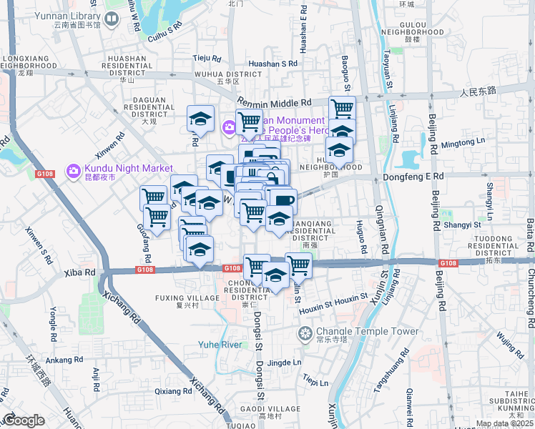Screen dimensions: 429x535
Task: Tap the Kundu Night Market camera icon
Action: [73, 172]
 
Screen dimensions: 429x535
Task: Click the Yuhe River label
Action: [221, 345]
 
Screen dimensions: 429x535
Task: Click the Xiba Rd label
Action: [79, 272]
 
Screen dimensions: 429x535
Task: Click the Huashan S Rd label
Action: [275, 63]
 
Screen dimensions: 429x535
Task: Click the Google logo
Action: [23, 420]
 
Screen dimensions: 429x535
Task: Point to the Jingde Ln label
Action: [283, 363]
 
